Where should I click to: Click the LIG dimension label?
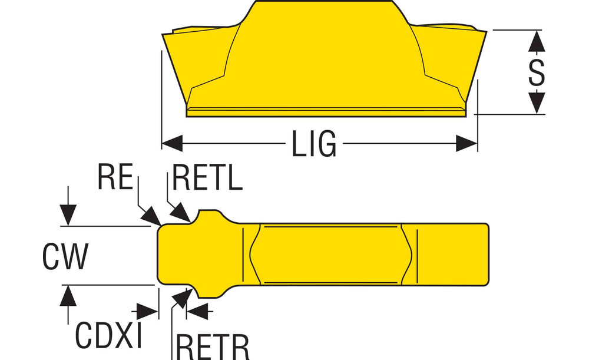[313, 143]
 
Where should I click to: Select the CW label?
[65, 256]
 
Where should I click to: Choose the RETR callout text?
[213, 346]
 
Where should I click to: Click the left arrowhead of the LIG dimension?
[171, 143]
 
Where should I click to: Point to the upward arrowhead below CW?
[69, 295]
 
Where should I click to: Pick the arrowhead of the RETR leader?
[182, 298]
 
